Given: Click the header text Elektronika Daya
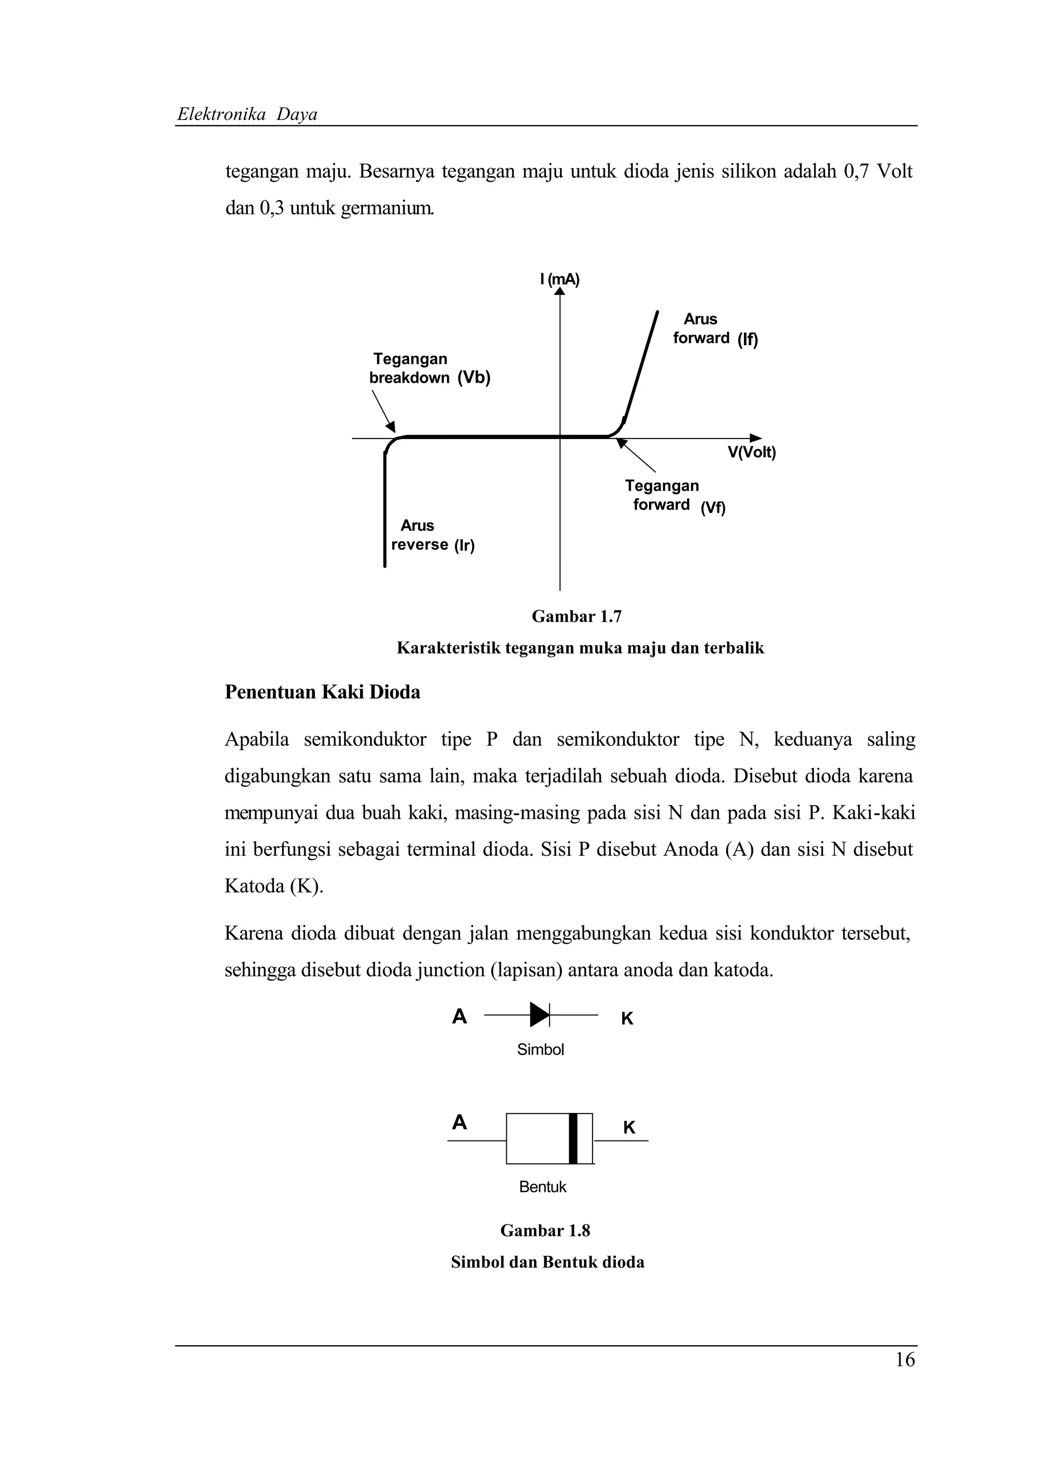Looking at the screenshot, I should (x=247, y=115).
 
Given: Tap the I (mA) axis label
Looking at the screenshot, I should (x=560, y=279).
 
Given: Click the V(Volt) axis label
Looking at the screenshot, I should (x=751, y=452).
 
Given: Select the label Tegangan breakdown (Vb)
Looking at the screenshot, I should (x=429, y=369).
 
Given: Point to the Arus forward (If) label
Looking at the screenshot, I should (x=714, y=329).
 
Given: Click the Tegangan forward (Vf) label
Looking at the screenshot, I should (x=673, y=496).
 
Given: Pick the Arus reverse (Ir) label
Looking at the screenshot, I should (x=433, y=536).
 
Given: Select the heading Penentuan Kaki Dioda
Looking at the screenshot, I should (x=322, y=692).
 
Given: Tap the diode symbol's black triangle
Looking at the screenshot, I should (x=539, y=1015).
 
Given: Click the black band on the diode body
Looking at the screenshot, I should (x=573, y=1139).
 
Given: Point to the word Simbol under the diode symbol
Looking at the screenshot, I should (x=540, y=1049).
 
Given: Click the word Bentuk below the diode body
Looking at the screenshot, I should (x=543, y=1187).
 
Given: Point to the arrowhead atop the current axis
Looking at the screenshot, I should (x=560, y=291).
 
